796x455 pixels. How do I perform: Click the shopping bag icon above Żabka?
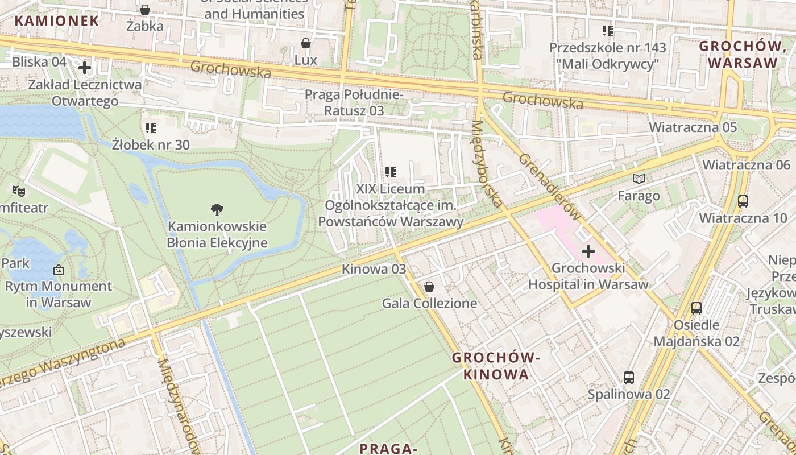pos(145,10)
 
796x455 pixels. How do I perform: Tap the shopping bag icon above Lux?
pos(306,43)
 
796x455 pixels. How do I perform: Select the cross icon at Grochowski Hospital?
pos(588,251)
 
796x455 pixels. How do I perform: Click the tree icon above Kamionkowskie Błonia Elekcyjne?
pos(217,210)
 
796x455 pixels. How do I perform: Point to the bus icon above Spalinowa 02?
pos(628,377)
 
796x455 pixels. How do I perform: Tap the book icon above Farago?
pos(640,179)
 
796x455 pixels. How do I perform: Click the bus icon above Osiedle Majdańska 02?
pos(696,308)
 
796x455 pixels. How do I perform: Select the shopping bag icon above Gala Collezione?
pos(429,287)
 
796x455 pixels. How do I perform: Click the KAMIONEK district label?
pos(57,21)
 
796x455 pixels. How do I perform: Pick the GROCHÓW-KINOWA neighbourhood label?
pos(496,366)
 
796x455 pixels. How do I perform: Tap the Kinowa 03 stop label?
pos(374,269)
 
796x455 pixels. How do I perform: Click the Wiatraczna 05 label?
pos(693,127)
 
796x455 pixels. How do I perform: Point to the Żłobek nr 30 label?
pos(151,144)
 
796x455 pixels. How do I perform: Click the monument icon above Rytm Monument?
pos(59,270)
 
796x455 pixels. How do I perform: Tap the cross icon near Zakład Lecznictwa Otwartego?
pos(85,68)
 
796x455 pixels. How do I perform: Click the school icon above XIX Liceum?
pos(391,172)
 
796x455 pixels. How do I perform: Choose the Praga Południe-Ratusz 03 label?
pos(354,102)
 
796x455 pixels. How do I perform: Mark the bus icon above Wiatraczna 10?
pos(743,201)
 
